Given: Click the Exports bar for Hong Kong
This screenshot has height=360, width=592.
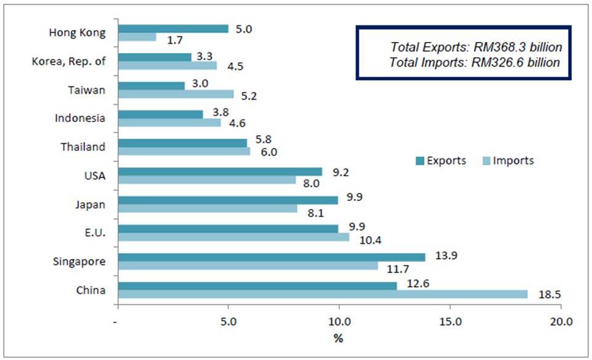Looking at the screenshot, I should [173, 29].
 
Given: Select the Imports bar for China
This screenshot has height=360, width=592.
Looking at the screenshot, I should [323, 294].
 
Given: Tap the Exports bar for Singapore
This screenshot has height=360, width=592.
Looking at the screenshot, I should [271, 257].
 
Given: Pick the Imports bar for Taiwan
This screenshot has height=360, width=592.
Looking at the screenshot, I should [176, 94].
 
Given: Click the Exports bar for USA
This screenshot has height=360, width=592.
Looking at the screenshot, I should [220, 171].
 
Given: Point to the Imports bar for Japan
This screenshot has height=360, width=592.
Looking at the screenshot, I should [207, 208].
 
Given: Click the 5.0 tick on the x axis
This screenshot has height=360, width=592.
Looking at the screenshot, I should [228, 321].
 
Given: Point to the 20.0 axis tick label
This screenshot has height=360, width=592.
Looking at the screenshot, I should [561, 321].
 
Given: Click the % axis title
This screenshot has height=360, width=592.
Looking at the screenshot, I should [338, 338].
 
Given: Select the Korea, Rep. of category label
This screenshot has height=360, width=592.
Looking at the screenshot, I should [68, 61].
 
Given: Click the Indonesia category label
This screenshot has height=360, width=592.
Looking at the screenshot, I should [80, 118].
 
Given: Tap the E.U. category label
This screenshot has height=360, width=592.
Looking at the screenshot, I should [92, 232].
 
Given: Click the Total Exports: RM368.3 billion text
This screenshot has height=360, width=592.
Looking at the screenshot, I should [475, 47].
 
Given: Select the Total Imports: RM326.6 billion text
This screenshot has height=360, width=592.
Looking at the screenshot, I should [475, 62].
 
